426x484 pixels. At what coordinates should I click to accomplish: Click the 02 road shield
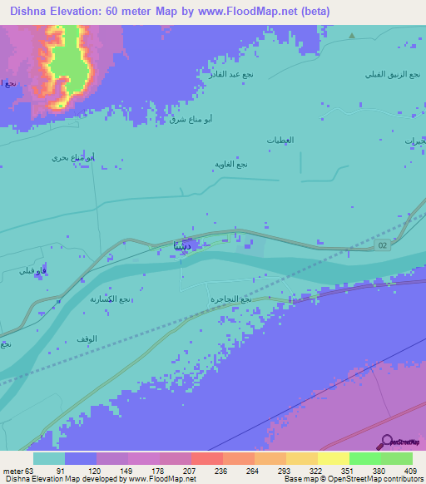pyautogui.click(x=381, y=245)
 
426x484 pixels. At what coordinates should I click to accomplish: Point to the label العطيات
pyautogui.click(x=280, y=140)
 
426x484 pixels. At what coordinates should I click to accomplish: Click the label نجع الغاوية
pyautogui.click(x=232, y=164)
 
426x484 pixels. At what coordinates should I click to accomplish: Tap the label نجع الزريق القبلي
pyautogui.click(x=386, y=73)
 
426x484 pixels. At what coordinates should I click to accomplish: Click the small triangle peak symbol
pyautogui.click(x=352, y=36)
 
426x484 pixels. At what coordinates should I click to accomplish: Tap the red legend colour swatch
pyautogui.click(x=206, y=458)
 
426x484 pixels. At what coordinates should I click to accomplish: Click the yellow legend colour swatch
pyautogui.click(x=333, y=458)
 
